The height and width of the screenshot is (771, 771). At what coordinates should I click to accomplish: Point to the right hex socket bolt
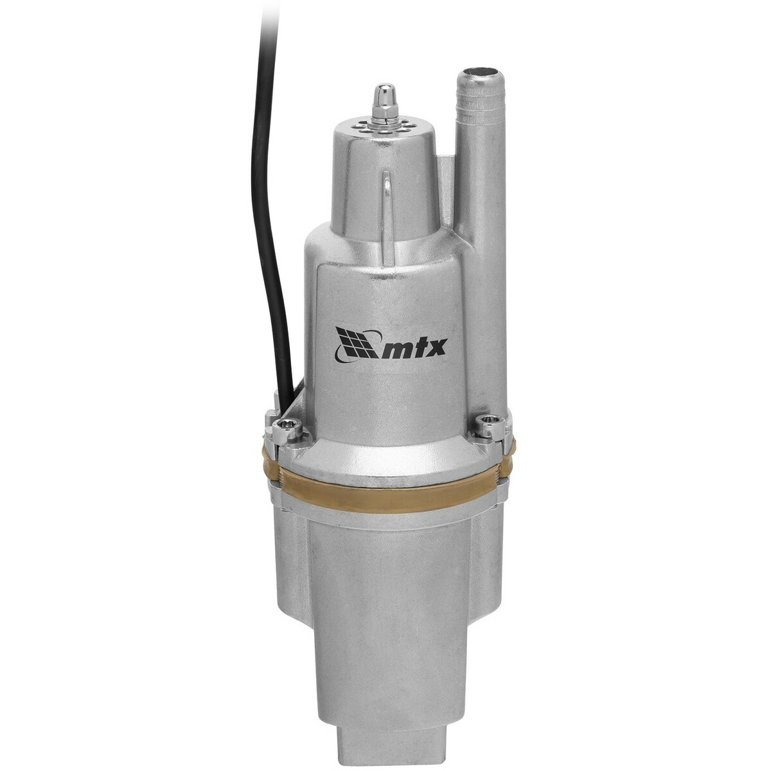pos(491,423)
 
